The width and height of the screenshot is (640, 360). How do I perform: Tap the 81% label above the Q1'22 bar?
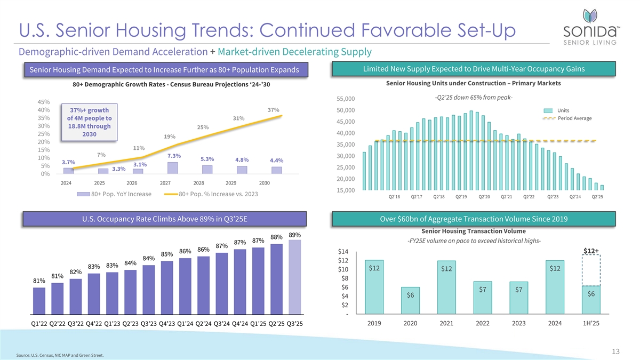tap(39, 281)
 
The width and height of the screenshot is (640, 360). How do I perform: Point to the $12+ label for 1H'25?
tap(591, 252)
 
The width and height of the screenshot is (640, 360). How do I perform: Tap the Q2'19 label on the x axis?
tap(462, 197)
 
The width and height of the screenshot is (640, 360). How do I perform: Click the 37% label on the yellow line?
tap(273, 110)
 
